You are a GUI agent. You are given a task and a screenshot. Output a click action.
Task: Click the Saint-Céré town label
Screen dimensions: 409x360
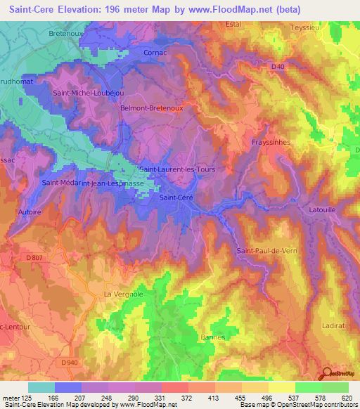click(176, 197)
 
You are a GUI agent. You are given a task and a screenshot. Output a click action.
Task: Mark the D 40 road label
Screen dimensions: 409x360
click(278, 67)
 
